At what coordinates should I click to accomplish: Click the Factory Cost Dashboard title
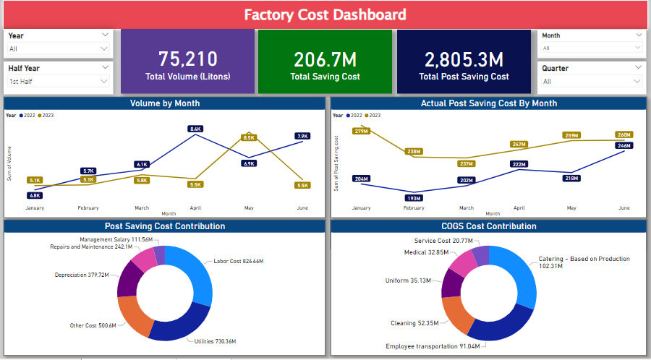[x=325, y=14]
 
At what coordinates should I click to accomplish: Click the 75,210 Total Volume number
[x=187, y=59]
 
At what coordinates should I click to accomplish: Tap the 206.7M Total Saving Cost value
[x=325, y=60]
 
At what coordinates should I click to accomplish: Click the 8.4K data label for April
[x=195, y=129]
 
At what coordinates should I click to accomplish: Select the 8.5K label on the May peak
[x=250, y=137]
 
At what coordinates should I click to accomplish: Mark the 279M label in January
[x=362, y=131]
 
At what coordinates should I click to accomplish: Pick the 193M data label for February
[x=414, y=198]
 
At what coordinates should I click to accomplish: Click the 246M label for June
[x=624, y=145]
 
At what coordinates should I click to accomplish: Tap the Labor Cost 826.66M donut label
[x=238, y=261]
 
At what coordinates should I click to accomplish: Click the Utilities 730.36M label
[x=216, y=341]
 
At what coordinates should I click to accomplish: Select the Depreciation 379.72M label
[x=82, y=275]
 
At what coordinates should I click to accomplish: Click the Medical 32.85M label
[x=426, y=252]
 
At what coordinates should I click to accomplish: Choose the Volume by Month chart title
[x=165, y=103]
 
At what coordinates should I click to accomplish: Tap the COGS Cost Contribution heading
[x=489, y=226]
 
